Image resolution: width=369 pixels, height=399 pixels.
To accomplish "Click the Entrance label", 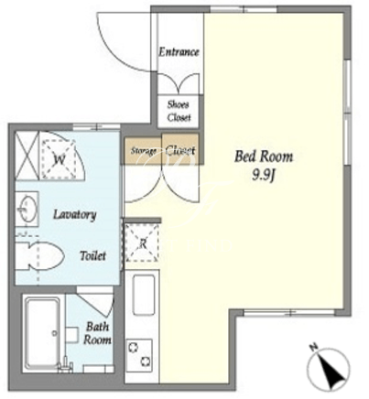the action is point(179,52).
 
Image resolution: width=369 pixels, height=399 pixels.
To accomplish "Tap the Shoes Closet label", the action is point(179,111).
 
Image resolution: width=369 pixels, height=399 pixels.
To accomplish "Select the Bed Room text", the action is point(264,156).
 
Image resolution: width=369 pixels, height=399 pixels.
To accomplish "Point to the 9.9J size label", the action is point(264,175).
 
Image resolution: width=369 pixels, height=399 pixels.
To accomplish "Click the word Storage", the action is point(144,151).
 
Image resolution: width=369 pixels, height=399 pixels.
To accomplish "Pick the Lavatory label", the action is point(75,215).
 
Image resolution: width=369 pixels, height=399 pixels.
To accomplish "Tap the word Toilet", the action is point(92,255).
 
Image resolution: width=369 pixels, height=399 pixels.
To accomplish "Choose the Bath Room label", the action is point(97,333).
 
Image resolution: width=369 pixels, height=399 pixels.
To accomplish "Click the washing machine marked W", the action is point(59,159).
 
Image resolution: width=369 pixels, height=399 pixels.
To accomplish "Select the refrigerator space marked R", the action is point(142,243).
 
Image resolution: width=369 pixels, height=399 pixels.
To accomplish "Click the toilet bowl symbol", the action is point(39,255).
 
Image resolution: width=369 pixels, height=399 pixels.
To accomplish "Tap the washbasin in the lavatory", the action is point(27,210).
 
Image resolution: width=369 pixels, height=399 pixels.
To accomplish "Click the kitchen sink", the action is point(144,295).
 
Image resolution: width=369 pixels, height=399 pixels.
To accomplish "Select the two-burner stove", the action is point(139,355).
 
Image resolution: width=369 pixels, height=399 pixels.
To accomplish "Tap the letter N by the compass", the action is point(313,347).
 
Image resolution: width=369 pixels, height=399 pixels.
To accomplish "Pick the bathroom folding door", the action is point(95,304).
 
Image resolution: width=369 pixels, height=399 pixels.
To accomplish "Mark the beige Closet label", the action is point(179,150).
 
